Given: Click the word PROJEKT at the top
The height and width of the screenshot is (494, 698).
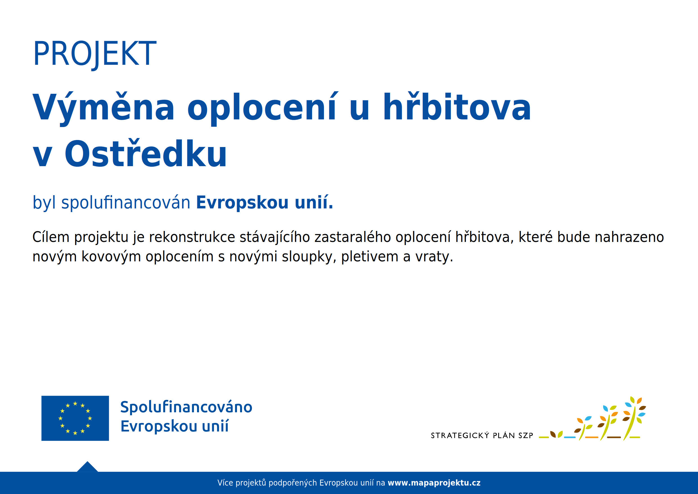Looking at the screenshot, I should [x=95, y=54].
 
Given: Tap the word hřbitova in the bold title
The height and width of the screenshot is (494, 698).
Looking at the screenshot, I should [x=457, y=107].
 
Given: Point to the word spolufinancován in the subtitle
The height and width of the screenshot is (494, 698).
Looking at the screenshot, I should [x=126, y=203].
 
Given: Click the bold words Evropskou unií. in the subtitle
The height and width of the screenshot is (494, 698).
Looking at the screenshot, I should [x=265, y=203].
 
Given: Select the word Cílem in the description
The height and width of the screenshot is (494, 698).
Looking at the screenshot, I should [x=51, y=237].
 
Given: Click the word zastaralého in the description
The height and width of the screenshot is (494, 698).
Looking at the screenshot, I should [x=352, y=237].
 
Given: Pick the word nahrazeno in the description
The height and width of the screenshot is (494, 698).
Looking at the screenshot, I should [x=629, y=237].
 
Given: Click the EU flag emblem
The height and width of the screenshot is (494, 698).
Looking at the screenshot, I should [x=75, y=418].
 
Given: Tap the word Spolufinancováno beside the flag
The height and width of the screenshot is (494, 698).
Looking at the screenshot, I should [x=186, y=407].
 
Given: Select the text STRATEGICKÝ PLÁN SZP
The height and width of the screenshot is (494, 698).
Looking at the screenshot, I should [x=482, y=436].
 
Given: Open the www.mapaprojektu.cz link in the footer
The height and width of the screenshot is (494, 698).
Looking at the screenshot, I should [x=434, y=483].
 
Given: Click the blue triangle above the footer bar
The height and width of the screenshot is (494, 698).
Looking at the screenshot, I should [x=87, y=467].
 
